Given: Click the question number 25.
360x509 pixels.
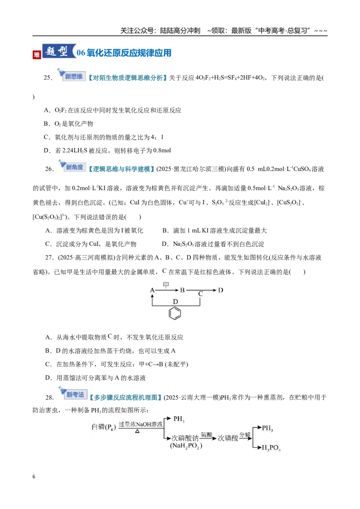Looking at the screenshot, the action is pyautogui.click(x=48, y=78).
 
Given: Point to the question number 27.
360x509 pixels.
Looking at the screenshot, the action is pyautogui.click(x=49, y=257).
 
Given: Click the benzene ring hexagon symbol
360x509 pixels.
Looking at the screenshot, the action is pyautogui.click(x=175, y=313).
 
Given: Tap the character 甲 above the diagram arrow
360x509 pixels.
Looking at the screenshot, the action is pyautogui.click(x=166, y=285).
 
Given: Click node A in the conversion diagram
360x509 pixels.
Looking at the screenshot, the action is pyautogui.click(x=152, y=290).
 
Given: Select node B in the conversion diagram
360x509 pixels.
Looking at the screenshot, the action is pyautogui.click(x=182, y=290).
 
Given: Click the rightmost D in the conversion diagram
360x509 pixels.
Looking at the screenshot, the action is pyautogui.click(x=220, y=290).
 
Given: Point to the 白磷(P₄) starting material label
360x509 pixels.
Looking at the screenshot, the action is pyautogui.click(x=103, y=427).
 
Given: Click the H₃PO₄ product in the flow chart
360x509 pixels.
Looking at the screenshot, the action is pyautogui.click(x=271, y=448).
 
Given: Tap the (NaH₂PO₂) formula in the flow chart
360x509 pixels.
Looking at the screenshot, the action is pyautogui.click(x=186, y=446).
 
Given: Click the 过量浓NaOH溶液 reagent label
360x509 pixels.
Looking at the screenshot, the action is pyautogui.click(x=141, y=424).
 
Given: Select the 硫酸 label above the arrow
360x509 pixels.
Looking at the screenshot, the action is pyautogui.click(x=206, y=434).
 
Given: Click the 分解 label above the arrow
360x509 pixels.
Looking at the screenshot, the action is pyautogui.click(x=245, y=435).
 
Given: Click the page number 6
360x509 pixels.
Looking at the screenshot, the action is pyautogui.click(x=34, y=477).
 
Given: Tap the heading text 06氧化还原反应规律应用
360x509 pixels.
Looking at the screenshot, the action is pyautogui.click(x=124, y=53).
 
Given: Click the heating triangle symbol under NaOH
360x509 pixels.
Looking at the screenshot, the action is pyautogui.click(x=137, y=431).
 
